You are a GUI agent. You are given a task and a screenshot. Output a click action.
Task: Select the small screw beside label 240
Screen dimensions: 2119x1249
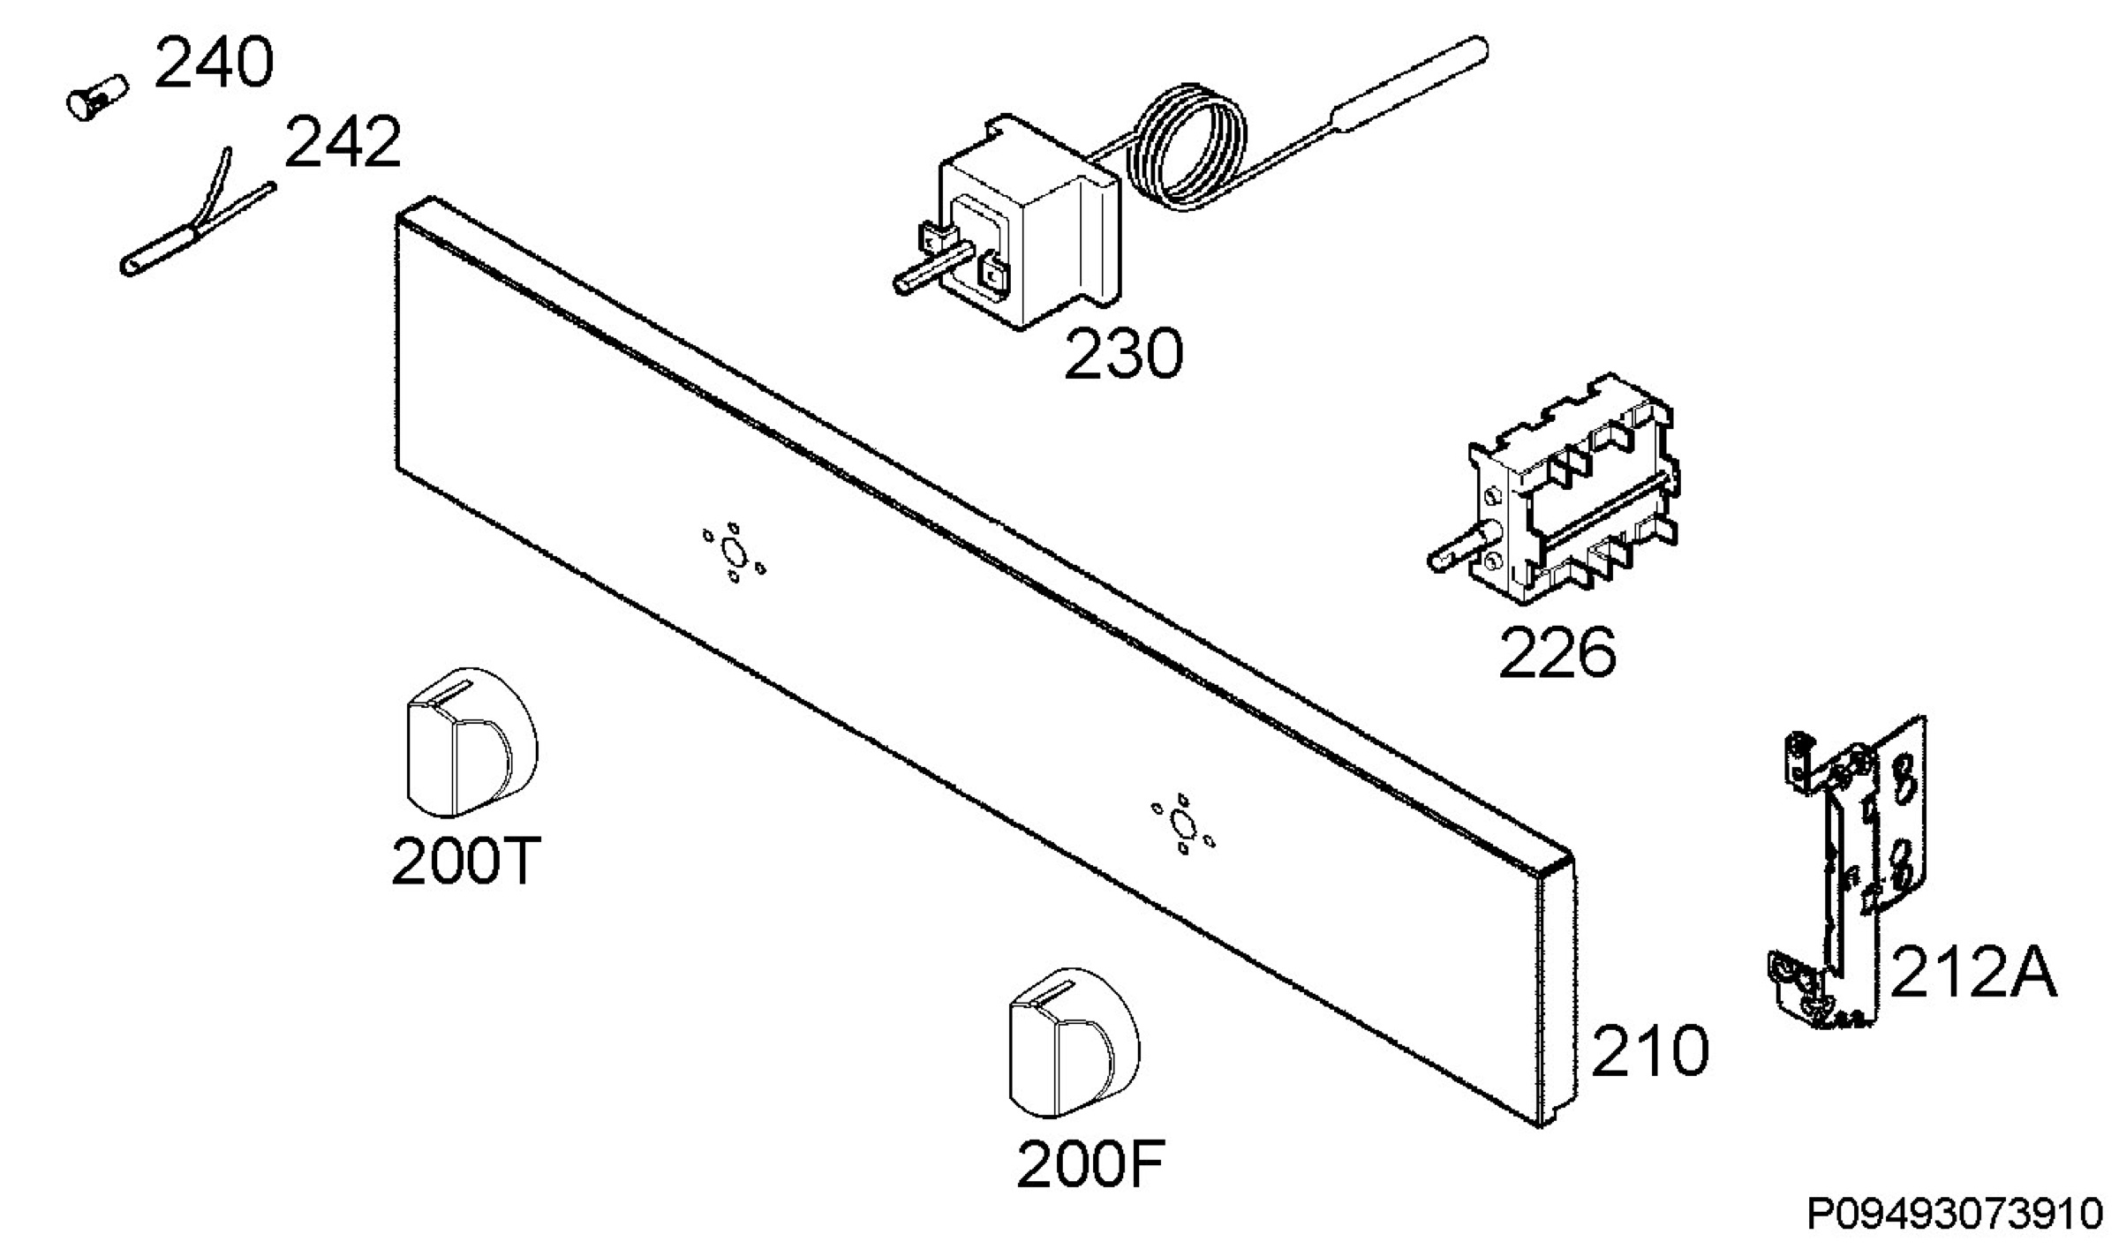(97, 97)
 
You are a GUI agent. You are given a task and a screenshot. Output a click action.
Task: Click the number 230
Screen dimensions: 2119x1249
(1123, 354)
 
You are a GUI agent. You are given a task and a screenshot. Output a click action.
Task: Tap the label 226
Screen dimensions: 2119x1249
(1557, 652)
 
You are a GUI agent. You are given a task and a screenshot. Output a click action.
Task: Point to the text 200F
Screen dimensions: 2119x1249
(1091, 1164)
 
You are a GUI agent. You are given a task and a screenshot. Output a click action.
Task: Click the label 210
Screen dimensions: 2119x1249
(1650, 1050)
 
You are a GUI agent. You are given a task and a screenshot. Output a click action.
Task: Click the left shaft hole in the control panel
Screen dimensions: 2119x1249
(733, 553)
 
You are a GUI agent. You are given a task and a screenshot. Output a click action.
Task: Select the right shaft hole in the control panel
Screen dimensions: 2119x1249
(1181, 823)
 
